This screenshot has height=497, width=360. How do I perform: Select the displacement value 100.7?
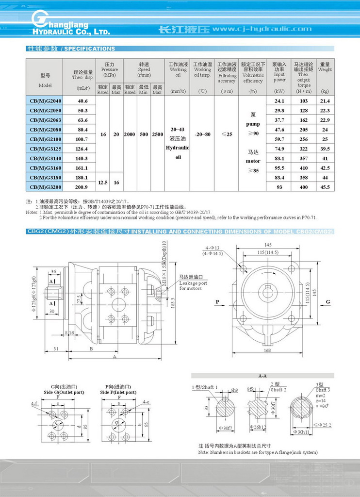(x=82, y=139)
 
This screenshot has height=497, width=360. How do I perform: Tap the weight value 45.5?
(x=325, y=187)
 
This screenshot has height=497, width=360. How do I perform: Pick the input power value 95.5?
(x=279, y=167)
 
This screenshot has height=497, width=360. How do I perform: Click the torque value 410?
(x=304, y=167)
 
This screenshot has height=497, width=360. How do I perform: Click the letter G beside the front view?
(x=328, y=302)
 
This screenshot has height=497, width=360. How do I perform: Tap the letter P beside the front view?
(x=217, y=302)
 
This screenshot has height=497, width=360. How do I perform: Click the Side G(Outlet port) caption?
(x=64, y=392)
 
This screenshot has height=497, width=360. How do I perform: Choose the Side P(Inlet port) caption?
(x=118, y=392)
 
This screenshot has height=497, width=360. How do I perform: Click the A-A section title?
(x=262, y=375)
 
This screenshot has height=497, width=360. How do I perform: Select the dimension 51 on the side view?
(x=56, y=348)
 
